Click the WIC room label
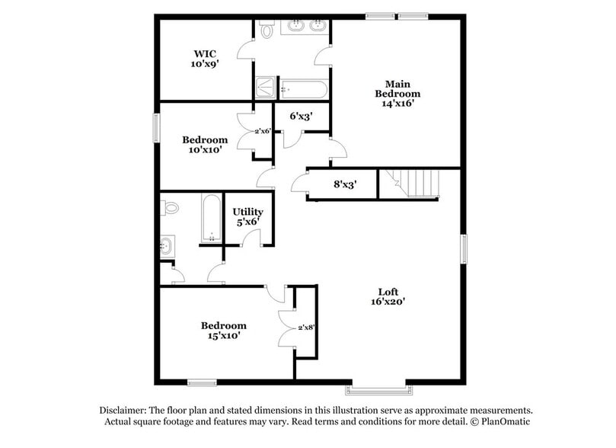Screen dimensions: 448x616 click(205, 53)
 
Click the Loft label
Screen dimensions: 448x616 click(388, 291)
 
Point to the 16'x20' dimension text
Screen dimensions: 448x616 click(388, 301)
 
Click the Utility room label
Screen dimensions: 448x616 click(247, 212)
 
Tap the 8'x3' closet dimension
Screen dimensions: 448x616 click(345, 184)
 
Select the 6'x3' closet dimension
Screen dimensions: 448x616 click(300, 117)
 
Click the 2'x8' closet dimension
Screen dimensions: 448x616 click(306, 327)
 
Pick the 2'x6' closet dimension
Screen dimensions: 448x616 click(263, 131)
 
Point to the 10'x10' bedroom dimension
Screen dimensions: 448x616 click(205, 150)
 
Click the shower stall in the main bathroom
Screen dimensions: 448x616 click(266, 88)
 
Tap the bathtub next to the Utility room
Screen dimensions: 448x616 click(211, 217)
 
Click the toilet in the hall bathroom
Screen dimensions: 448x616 click(170, 206)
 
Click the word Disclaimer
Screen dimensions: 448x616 click(127, 409)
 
